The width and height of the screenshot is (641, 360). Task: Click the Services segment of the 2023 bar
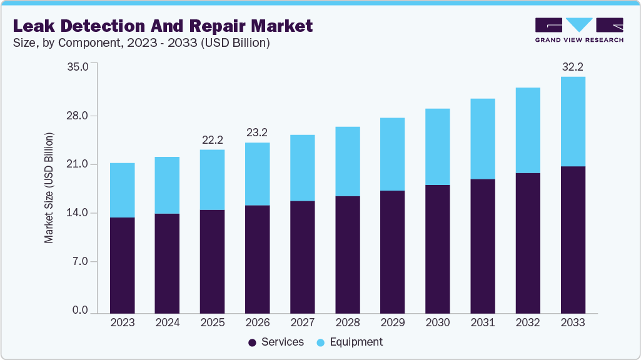(122, 265)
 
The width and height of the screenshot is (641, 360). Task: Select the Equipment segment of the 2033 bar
(573, 121)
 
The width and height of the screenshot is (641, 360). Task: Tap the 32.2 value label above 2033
(573, 66)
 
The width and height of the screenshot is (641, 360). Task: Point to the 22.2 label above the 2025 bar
(213, 139)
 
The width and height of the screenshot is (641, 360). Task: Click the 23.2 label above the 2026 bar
(258, 132)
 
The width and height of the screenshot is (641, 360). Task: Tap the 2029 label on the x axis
(393, 322)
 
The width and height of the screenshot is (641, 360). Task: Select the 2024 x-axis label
(167, 322)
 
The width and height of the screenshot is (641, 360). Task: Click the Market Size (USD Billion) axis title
(49, 187)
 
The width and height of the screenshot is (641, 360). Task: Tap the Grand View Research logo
(578, 29)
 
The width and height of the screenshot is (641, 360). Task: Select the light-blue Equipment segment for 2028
(348, 161)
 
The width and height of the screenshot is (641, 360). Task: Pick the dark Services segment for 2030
(438, 249)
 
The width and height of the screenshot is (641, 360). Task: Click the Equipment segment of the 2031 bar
(483, 139)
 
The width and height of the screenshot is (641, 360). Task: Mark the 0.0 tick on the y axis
(79, 311)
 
